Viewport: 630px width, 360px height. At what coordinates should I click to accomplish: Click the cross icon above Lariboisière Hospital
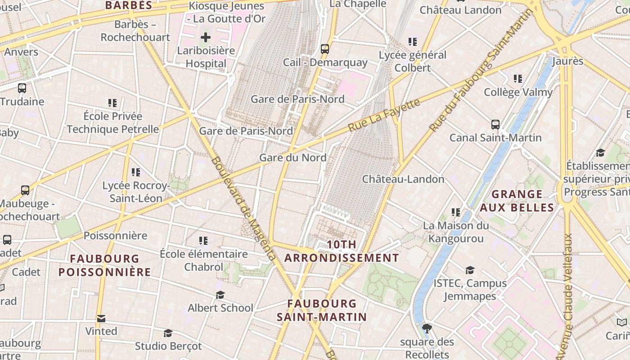pyautogui.click(x=206, y=37)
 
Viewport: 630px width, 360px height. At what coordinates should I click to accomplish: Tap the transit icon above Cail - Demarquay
pyautogui.click(x=325, y=49)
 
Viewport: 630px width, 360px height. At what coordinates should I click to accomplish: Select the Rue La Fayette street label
pyautogui.click(x=384, y=116)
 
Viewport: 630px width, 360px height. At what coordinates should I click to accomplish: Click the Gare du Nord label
pyautogui.click(x=293, y=157)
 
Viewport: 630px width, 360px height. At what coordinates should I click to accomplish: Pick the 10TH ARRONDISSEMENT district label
pyautogui.click(x=342, y=251)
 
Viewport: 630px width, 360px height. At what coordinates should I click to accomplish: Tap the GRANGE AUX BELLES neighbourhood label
pyautogui.click(x=517, y=201)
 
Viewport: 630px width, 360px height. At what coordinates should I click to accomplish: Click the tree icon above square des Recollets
pyautogui.click(x=427, y=328)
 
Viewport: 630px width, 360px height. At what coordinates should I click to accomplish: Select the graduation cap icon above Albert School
pyautogui.click(x=220, y=295)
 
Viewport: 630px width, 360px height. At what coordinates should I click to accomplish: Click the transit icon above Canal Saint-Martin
pyautogui.click(x=495, y=125)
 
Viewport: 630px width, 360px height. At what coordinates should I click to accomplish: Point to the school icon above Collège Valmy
pyautogui.click(x=518, y=79)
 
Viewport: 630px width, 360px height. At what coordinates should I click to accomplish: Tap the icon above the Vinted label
pyautogui.click(x=101, y=319)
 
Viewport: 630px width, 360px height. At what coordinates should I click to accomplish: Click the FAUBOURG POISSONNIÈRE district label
pyautogui.click(x=105, y=265)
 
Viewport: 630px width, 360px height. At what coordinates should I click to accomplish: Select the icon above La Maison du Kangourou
pyautogui.click(x=456, y=212)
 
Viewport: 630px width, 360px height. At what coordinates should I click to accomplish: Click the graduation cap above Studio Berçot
pyautogui.click(x=168, y=333)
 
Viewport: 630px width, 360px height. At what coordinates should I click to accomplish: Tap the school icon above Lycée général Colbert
pyautogui.click(x=412, y=42)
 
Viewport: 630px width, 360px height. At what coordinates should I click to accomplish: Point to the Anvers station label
pyautogui.click(x=21, y=52)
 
